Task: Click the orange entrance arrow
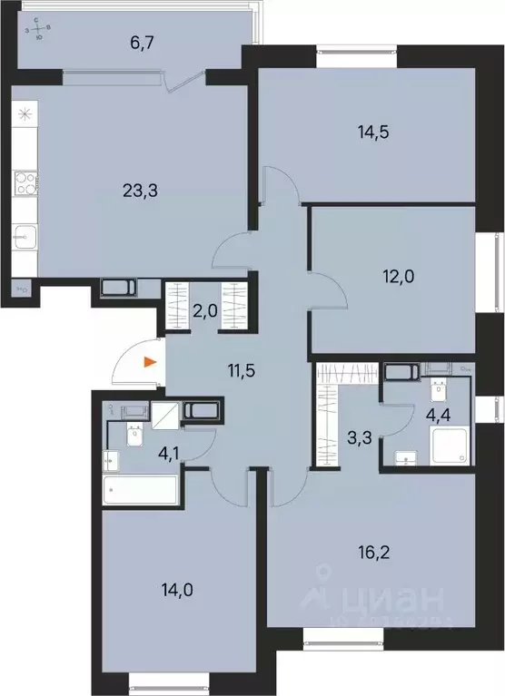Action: tap(151, 364)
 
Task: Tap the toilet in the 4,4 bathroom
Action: tap(438, 393)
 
